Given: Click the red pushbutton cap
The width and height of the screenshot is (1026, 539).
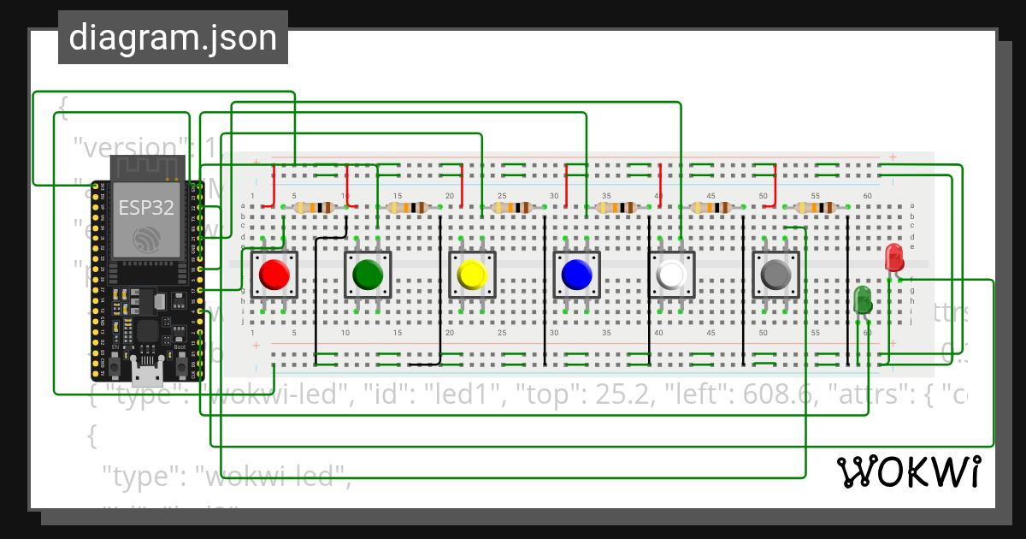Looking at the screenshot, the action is [274, 275].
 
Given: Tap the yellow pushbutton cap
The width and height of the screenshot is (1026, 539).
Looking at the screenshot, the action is [472, 275].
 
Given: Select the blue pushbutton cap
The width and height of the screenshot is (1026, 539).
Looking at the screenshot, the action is [575, 275].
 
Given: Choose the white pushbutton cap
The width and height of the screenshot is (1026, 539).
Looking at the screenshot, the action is [671, 275].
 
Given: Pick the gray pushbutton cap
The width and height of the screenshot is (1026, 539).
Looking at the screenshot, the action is [775, 275].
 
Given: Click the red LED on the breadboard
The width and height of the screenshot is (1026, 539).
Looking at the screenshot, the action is [893, 257].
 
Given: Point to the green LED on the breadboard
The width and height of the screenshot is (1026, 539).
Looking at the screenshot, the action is [863, 299].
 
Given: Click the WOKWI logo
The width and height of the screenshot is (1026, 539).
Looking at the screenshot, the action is [908, 471].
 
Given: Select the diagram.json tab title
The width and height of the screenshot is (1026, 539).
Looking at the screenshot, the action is [173, 38].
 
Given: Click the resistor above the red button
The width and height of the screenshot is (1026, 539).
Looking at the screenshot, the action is [314, 207].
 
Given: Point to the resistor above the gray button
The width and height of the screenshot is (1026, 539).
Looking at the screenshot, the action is [817, 207].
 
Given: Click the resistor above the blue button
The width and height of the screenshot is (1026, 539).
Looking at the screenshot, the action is [617, 207].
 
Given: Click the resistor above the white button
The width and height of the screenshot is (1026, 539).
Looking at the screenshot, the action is [713, 207].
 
